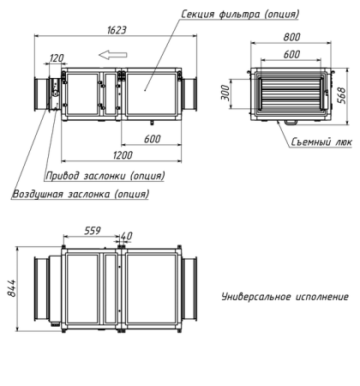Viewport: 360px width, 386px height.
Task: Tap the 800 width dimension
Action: click(x=291, y=39)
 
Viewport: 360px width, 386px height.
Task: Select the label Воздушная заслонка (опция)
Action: click(x=81, y=194)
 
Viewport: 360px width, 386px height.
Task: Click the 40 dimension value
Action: click(x=127, y=235)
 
